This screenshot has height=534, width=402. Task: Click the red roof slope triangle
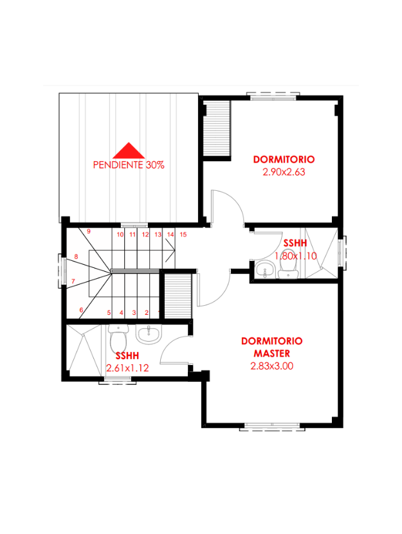click(129, 151)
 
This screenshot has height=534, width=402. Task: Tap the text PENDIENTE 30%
click(129, 165)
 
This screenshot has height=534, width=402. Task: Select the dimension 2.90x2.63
click(284, 172)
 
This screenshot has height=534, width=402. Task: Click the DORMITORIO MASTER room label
click(271, 347)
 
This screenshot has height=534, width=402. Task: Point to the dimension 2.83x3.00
click(271, 366)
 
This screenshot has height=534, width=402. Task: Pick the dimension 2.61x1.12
click(127, 368)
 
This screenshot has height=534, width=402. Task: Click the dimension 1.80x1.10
click(296, 256)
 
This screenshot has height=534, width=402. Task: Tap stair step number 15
click(183, 235)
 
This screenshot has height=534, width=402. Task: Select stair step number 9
click(89, 231)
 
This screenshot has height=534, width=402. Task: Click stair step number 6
click(81, 310)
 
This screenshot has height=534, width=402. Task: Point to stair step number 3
click(134, 313)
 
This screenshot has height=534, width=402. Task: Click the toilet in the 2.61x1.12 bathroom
click(118, 338)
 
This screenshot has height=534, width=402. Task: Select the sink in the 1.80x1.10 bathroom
click(264, 269)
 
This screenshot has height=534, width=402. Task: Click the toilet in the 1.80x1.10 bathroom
click(288, 265)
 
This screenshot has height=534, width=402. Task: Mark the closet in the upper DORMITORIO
click(217, 129)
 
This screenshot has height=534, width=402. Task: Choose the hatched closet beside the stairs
click(178, 296)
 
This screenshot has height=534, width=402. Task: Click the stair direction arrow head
click(170, 251)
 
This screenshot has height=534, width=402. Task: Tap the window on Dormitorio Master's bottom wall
click(272, 427)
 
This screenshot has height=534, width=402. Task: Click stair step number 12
click(145, 235)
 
